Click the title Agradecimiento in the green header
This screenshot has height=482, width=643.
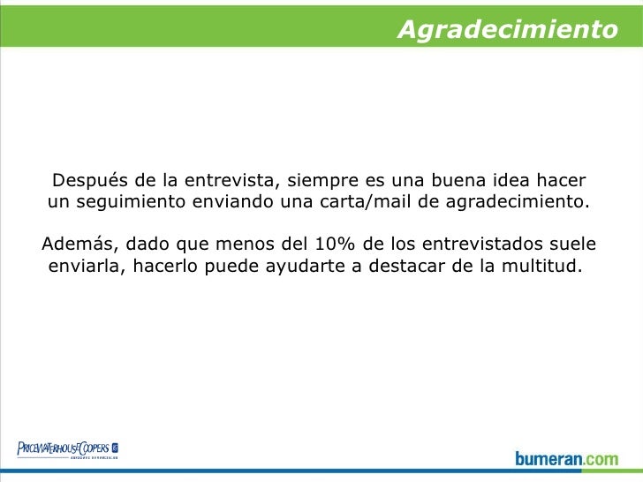point(507,30)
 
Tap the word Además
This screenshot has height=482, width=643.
point(73,244)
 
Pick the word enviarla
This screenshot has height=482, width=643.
point(85,265)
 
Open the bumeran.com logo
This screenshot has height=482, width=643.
point(567,458)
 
